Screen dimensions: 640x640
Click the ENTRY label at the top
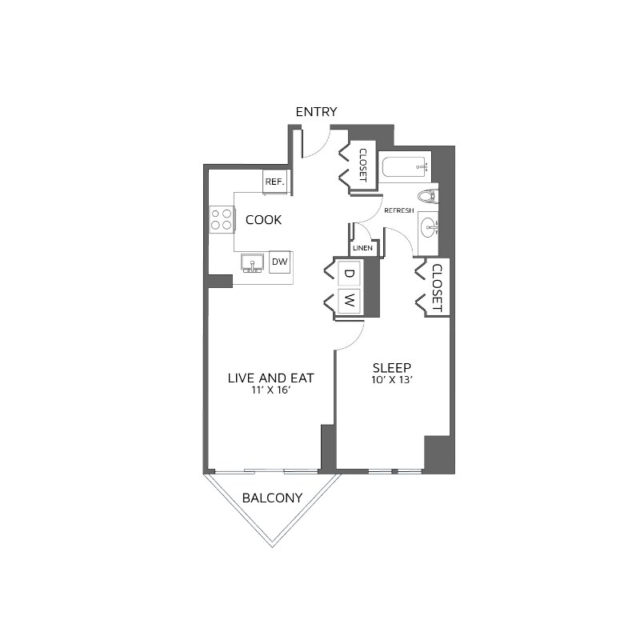click(317, 112)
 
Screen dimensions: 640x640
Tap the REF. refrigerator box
click(274, 182)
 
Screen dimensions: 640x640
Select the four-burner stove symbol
click(222, 218)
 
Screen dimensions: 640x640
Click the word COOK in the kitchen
click(263, 220)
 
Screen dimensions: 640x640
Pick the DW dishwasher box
click(279, 262)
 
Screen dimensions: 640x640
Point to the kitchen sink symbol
click(254, 263)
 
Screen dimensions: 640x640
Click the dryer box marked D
click(349, 274)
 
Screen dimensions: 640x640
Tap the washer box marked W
click(349, 302)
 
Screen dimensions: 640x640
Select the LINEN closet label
click(362, 249)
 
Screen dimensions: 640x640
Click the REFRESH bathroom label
click(399, 210)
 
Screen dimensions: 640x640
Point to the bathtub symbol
click(406, 168)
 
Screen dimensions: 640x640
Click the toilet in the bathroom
click(427, 196)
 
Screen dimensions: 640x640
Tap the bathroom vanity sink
click(430, 227)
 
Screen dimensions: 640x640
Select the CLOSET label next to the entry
click(362, 165)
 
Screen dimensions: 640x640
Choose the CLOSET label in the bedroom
click(437, 288)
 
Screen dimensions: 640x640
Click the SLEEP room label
click(392, 368)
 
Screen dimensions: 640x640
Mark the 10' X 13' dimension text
click(392, 381)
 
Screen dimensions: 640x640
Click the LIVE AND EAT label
click(270, 378)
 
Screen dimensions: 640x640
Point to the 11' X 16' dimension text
click(270, 390)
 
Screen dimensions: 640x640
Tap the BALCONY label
click(272, 498)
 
